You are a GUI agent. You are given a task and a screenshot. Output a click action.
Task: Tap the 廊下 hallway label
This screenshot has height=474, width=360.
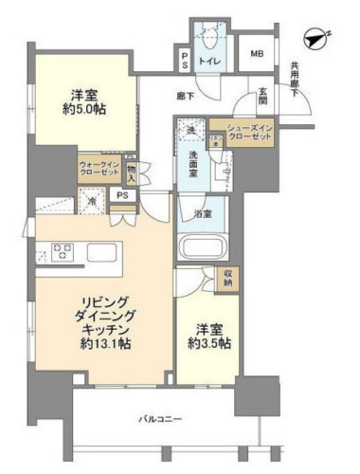coord(187,96)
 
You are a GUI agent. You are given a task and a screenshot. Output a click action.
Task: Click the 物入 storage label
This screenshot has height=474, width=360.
coord(131,173)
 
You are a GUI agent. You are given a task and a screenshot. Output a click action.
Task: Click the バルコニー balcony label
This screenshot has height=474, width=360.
coord(156,417)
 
